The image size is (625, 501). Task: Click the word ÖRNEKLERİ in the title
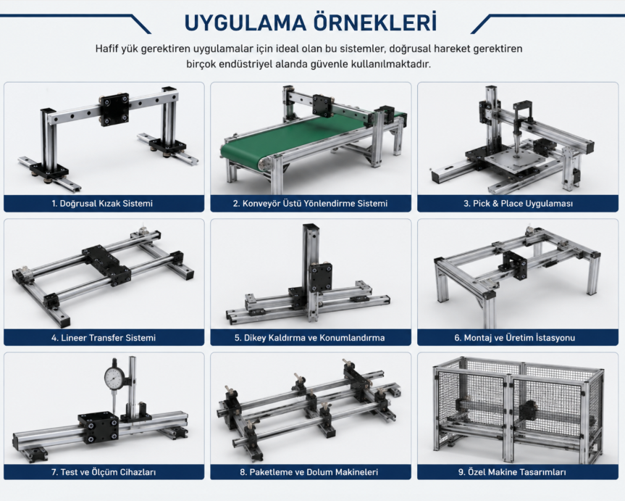(374, 22)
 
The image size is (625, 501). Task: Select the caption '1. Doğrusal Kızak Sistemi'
(102, 204)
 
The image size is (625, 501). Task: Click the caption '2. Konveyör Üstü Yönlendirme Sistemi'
(310, 204)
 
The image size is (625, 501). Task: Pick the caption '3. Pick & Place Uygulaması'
(518, 204)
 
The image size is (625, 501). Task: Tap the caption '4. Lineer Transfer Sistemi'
(104, 338)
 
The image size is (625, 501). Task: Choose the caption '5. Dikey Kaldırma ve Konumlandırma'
(310, 338)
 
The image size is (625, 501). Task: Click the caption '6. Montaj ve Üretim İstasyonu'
(515, 338)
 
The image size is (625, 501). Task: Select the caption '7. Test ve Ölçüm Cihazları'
(104, 472)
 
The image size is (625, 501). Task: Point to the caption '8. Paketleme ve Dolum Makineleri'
(309, 472)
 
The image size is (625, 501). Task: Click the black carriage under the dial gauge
(98, 427)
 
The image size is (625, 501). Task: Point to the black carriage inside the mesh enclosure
(528, 410)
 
